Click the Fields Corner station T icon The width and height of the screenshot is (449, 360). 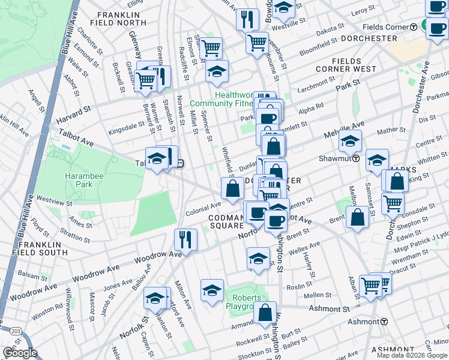pos(414,28)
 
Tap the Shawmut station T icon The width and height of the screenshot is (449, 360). pos(355,159)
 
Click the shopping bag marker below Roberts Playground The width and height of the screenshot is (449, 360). pos(265,313)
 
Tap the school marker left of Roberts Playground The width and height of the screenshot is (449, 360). pos(212,290)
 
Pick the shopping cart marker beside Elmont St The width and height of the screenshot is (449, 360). pos(211,47)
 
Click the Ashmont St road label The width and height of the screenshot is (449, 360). pos(329,308)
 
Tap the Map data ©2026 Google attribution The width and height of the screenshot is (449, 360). pos(412,355)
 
